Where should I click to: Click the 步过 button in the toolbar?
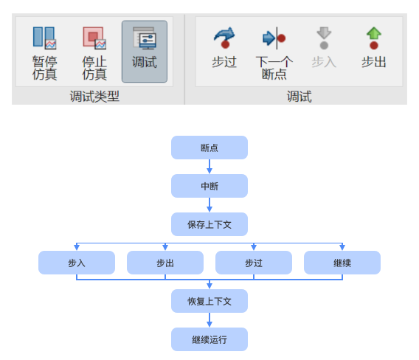coord(224,49)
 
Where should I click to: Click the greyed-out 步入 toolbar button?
coord(323,49)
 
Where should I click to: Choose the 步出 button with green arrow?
coord(373,49)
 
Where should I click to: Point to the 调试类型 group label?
coord(94,96)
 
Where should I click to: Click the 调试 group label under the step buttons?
coord(299,96)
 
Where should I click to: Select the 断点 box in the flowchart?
coord(209,148)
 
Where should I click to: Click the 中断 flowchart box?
coord(209,186)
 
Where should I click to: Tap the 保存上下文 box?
coord(209,224)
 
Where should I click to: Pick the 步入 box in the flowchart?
coord(77,263)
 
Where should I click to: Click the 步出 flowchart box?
coord(165,263)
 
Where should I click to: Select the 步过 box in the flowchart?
coord(254,263)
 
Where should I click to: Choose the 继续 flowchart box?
coord(342,263)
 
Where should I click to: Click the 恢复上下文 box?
coord(209,301)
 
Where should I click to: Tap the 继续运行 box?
coord(209,339)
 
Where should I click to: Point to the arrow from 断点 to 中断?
coord(209,167)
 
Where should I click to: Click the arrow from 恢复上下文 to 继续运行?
coord(209,320)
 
